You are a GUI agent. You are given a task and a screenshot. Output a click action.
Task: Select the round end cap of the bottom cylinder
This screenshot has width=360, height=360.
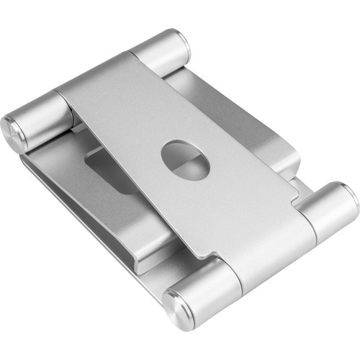pyautogui.click(x=176, y=307)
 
